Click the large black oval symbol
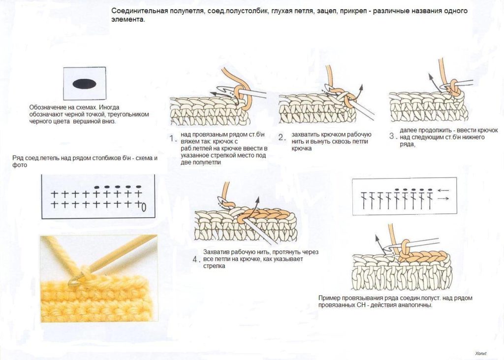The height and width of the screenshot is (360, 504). coord(84,84)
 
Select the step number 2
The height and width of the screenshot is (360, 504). coord(281,137)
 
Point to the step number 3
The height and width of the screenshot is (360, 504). coord(391,136)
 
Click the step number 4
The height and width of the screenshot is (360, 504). coord(195,259)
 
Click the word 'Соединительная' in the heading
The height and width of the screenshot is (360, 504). coord(140,11)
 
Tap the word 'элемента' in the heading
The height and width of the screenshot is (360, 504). coord(127,19)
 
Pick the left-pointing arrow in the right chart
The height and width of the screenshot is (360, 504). coord(443,191)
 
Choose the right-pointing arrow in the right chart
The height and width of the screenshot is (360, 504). coord(443,199)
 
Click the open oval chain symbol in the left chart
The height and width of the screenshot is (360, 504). coord(144,207)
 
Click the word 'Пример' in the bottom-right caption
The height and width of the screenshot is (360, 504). coord(329,298)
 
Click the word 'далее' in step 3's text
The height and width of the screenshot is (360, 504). coord(407,131)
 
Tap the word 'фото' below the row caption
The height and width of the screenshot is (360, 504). coord(20,165)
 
